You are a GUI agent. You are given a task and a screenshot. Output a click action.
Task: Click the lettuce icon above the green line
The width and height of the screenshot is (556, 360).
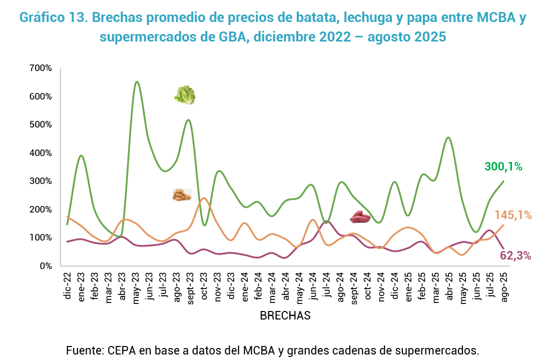(x=185, y=95)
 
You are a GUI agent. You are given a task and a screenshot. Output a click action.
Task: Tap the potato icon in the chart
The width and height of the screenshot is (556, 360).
(x=182, y=195)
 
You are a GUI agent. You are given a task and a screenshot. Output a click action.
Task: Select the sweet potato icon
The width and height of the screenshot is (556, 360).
(x=359, y=216)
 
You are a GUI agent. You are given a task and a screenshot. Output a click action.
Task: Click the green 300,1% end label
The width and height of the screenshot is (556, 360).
(x=503, y=167)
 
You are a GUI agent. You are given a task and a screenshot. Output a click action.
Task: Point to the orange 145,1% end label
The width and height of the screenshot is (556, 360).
(x=513, y=215)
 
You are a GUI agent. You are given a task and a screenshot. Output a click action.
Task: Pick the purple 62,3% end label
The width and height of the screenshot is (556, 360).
(x=515, y=256)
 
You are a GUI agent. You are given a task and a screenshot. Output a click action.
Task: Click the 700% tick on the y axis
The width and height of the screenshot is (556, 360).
(x=41, y=68)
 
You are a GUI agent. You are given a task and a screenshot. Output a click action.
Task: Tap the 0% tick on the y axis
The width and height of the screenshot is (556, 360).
(x=46, y=266)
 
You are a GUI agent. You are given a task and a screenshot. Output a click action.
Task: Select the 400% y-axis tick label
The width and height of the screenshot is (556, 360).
(x=41, y=153)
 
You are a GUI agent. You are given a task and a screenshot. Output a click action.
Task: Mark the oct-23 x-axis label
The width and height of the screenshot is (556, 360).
(x=204, y=285)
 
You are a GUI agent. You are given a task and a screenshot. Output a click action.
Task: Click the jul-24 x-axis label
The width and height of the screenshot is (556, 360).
(x=326, y=285)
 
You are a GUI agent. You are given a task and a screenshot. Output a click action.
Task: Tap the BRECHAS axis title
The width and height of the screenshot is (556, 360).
(x=285, y=315)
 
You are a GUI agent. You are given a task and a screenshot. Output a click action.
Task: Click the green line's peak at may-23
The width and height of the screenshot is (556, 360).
(x=137, y=81)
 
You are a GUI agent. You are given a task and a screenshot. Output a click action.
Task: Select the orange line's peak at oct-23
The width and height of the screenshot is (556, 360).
(x=204, y=198)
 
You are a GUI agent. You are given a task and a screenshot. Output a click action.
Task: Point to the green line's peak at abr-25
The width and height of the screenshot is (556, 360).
(x=448, y=137)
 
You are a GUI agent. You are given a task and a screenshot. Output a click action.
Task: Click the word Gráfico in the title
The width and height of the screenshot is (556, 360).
(x=42, y=17)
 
